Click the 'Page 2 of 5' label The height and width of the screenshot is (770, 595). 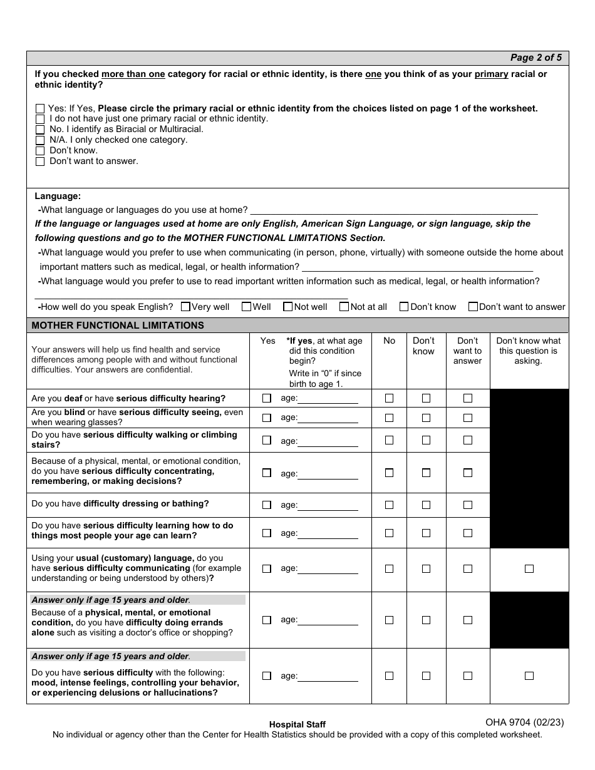(x=535, y=58)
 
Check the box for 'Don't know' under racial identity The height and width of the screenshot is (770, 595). (x=40, y=151)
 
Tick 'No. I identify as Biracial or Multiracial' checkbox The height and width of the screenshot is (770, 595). (x=40, y=130)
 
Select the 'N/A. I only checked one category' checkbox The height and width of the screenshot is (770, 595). (x=40, y=140)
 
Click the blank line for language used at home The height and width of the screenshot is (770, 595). (x=393, y=210)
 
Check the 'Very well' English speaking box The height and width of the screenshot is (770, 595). (x=185, y=307)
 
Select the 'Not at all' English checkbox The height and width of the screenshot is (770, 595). (x=344, y=307)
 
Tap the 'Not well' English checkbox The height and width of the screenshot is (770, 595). (x=288, y=307)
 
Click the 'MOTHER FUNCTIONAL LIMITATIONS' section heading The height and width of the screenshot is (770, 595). (x=118, y=326)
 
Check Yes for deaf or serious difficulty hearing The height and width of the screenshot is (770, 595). (x=267, y=398)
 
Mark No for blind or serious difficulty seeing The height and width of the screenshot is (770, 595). (x=389, y=418)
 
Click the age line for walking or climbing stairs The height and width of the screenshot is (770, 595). (x=328, y=441)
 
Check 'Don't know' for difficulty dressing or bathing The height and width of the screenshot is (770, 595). (x=426, y=505)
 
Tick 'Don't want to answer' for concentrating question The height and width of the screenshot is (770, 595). (x=467, y=473)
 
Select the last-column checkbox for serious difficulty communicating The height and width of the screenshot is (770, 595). (x=529, y=569)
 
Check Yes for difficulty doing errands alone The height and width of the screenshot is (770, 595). (x=267, y=620)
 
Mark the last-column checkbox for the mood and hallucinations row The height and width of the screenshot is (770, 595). (x=529, y=675)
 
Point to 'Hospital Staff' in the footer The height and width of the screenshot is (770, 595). (x=297, y=724)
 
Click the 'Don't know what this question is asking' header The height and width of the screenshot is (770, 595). (x=529, y=351)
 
